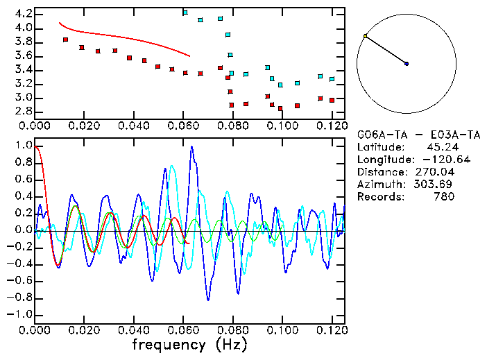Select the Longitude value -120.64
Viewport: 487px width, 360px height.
[x=434, y=159]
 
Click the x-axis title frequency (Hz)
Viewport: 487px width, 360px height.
[x=189, y=344]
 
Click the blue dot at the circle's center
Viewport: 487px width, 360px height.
[x=407, y=64]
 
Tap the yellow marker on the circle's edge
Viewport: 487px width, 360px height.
[x=365, y=36]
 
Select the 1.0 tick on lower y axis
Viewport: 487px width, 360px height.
[x=22, y=146]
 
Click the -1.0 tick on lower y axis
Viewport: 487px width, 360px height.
[x=20, y=314]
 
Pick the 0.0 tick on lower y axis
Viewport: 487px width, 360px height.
[x=22, y=230]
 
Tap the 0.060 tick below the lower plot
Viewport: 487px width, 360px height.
[x=183, y=330]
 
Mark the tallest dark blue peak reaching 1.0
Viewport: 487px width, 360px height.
[x=192, y=147]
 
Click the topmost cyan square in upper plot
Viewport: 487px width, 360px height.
[x=185, y=12]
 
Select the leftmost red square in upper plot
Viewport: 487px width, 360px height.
[x=65, y=40]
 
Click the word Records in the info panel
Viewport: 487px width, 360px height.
[x=378, y=196]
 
